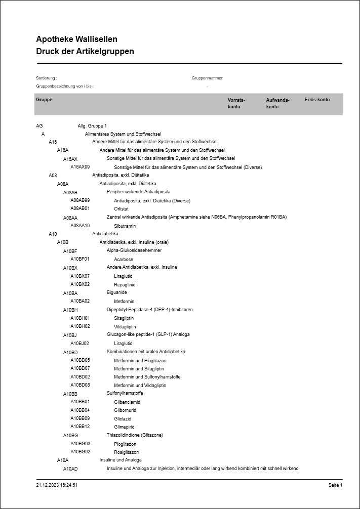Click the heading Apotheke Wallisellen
click(76, 39)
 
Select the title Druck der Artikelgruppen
click(85, 52)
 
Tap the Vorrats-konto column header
click(236, 103)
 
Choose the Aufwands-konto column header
click(277, 103)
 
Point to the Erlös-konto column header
click(317, 100)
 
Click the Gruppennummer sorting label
click(207, 78)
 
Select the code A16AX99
click(80, 167)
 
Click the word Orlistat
click(121, 208)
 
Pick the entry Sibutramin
click(125, 226)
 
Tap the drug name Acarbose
click(124, 259)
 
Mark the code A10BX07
click(80, 276)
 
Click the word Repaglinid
click(125, 284)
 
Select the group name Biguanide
click(117, 293)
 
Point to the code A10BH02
click(80, 326)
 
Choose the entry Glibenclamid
click(128, 402)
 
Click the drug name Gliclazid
click(123, 418)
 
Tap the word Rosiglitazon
click(126, 452)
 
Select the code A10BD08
click(80, 385)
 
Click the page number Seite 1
click(335, 485)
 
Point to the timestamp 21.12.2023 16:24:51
click(57, 485)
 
